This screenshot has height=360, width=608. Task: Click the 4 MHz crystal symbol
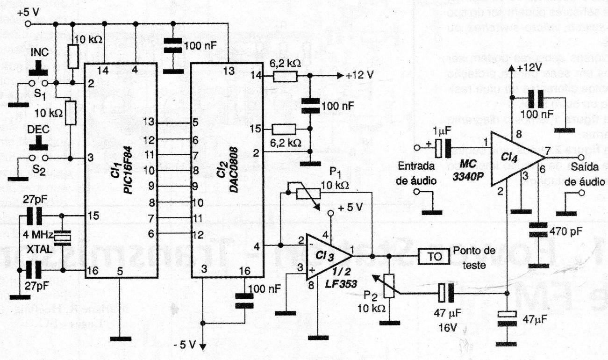tap(62, 238)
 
